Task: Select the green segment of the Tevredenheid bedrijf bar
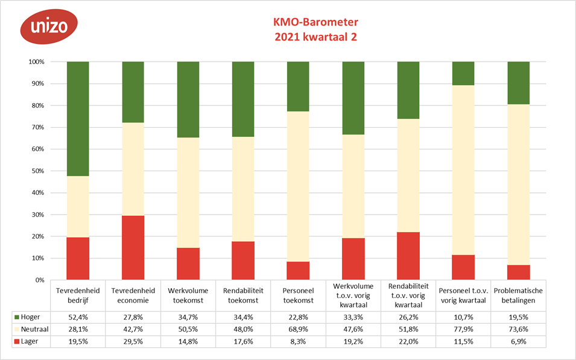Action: (x=78, y=119)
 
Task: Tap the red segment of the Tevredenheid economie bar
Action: (x=133, y=248)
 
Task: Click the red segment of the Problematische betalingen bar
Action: (x=518, y=273)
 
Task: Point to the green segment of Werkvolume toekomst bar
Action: (x=188, y=99)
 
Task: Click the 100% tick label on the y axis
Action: (x=36, y=62)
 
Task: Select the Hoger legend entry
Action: (x=27, y=316)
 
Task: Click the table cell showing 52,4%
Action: (x=78, y=316)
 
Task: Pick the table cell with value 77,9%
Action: (x=463, y=330)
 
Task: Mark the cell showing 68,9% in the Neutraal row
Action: (x=298, y=330)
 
